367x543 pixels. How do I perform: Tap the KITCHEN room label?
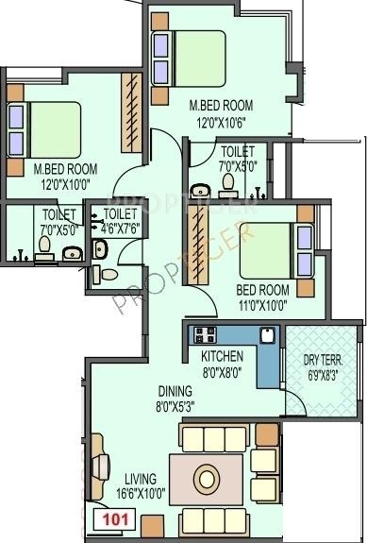(223, 356)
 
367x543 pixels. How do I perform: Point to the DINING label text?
(176, 391)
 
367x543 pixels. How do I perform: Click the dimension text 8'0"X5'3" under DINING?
(176, 406)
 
